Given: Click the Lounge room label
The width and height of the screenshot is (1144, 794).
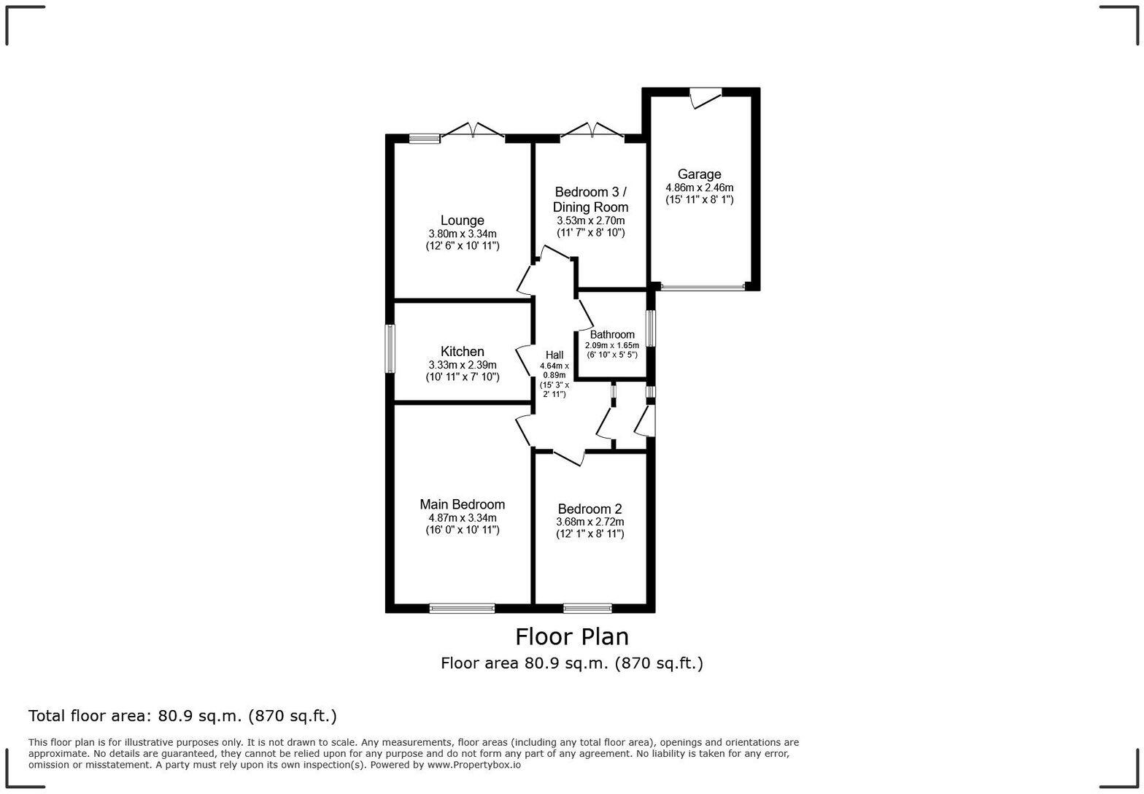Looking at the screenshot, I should click(x=462, y=220).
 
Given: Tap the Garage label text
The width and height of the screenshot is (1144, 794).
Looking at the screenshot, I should click(x=699, y=174).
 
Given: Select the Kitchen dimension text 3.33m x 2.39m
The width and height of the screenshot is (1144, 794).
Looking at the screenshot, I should click(x=462, y=365).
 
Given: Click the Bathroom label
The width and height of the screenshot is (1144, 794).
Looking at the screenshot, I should click(x=612, y=335).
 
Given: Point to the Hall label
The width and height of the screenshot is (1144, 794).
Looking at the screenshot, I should click(x=554, y=355).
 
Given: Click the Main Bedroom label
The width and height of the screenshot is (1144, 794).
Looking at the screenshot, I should click(x=462, y=504).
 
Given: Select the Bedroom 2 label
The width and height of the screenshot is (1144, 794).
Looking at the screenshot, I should click(x=590, y=509).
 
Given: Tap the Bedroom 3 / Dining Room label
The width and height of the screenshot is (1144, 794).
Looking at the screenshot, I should click(x=590, y=199).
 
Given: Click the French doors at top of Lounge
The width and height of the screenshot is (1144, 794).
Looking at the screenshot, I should click(x=474, y=131).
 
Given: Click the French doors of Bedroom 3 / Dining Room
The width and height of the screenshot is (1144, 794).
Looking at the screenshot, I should click(x=592, y=131).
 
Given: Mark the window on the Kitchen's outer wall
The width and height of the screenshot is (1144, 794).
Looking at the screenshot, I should click(x=390, y=349).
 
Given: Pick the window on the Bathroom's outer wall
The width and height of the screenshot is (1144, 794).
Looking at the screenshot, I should click(x=650, y=328).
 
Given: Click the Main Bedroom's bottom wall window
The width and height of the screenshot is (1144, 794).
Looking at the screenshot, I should click(x=462, y=608).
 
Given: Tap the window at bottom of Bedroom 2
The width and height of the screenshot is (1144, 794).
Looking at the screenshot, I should click(x=587, y=608).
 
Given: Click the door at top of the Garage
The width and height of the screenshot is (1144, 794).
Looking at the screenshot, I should click(x=706, y=97).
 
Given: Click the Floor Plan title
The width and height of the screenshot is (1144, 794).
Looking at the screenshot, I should click(x=572, y=636).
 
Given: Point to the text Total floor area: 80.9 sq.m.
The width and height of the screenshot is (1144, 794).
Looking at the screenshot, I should click(x=182, y=716).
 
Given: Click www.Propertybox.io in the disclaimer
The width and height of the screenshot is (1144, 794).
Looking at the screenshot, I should click(x=474, y=765).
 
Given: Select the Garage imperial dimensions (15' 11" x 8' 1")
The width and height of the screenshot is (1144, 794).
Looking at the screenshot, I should click(x=699, y=199).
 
